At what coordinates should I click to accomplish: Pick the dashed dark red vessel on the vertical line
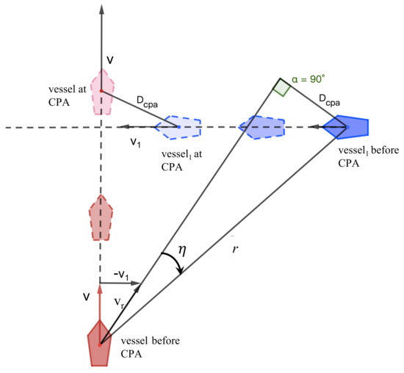(101, 217)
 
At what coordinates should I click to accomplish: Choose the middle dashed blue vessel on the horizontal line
(261, 127)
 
